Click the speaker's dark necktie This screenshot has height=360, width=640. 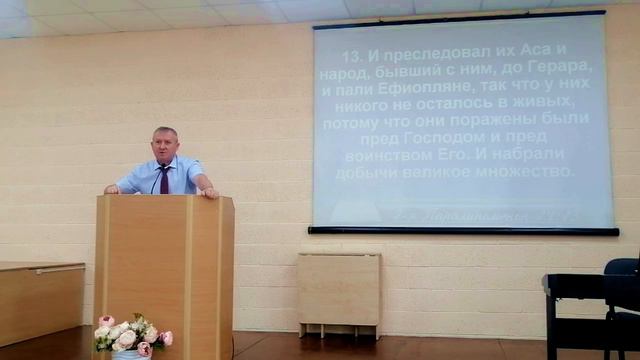click(x=162, y=181)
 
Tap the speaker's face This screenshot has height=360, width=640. click(x=165, y=145)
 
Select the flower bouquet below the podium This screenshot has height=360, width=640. click(x=131, y=334)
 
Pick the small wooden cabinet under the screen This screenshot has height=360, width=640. click(x=339, y=289)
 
